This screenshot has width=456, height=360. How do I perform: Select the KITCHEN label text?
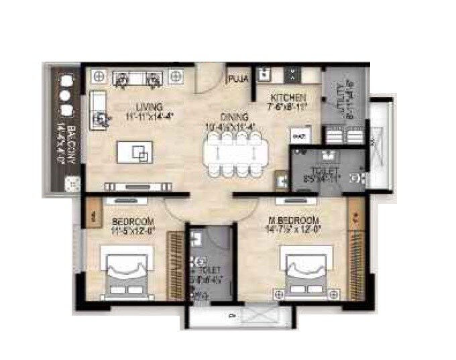coord(289,97)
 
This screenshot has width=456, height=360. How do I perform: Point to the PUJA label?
coord(239,79)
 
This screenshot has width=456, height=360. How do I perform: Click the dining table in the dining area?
coord(234,152)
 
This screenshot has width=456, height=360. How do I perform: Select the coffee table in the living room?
coord(139,152)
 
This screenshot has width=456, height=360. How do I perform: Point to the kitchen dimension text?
coord(289,105)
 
